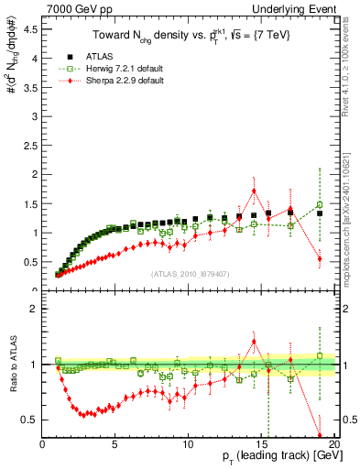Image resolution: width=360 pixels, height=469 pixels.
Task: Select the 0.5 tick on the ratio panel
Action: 31,420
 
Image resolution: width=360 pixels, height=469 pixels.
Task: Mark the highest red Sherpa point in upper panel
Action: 254,191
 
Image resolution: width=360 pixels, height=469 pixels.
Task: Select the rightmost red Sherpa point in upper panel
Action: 320,259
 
